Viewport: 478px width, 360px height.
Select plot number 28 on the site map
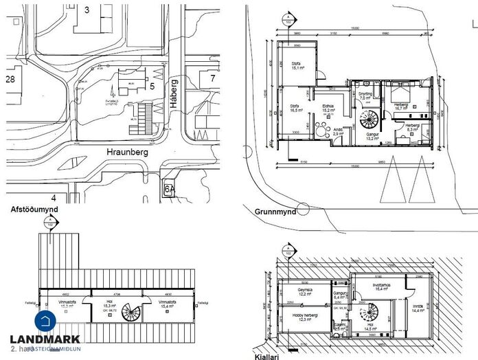click(x=10, y=80)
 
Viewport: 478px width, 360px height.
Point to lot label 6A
click(x=169, y=188)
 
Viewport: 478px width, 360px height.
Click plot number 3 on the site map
click(x=87, y=10)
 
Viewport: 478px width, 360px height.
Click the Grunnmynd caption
click(x=274, y=212)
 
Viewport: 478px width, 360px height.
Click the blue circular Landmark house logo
click(x=46, y=321)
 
